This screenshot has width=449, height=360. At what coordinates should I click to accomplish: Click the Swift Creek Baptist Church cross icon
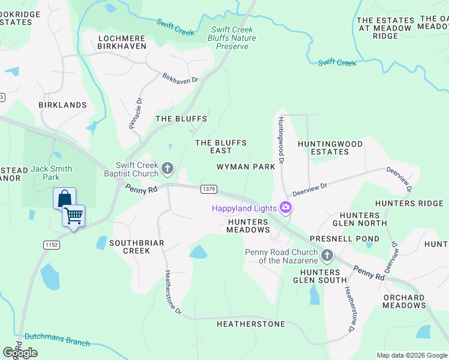(167, 168)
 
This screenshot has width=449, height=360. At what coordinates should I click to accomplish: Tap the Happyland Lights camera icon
(286, 208)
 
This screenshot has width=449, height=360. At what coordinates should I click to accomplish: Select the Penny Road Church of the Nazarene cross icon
(327, 256)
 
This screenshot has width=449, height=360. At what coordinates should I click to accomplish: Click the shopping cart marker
(74, 215)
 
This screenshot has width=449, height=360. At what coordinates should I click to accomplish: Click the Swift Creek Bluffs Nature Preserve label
(233, 38)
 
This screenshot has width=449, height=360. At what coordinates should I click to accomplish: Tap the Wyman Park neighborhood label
(246, 166)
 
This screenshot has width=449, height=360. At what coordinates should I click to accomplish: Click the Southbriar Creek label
(136, 247)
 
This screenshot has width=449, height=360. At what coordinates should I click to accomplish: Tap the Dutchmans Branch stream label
(57, 340)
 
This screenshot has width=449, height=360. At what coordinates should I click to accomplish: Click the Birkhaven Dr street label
(180, 79)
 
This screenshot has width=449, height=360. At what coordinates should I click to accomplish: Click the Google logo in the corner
(20, 353)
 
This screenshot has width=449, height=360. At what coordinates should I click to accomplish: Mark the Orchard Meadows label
(404, 301)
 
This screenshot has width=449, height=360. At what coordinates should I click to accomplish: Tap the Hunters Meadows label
(249, 226)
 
